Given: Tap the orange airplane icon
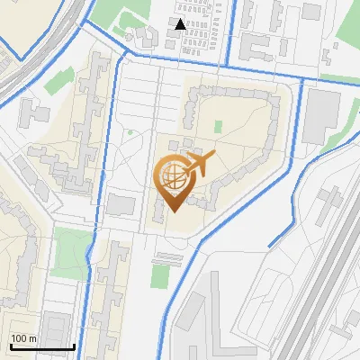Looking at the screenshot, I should coord(199,165).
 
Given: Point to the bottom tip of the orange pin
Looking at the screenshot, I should coord(171,211).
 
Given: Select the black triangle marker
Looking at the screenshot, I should coord(181,24).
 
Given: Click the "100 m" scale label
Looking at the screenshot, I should coord(23,338).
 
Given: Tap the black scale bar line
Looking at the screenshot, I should coord(42,346).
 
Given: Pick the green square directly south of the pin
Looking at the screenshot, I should coord(161,274).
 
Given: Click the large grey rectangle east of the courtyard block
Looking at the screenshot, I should coord(321,116).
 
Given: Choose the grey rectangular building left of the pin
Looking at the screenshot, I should coord(120,204).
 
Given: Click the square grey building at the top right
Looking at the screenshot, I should coord(311,12).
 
